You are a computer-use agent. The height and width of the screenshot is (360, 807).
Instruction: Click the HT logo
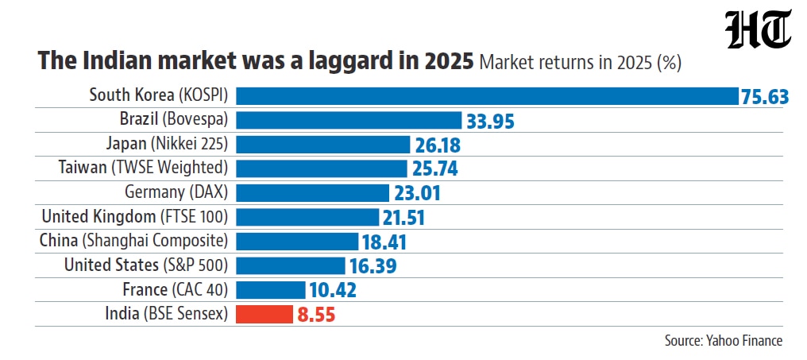coord(758,30)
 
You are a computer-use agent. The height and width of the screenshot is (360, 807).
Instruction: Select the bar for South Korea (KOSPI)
coord(488,96)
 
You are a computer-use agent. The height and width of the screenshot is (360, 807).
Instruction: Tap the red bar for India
coord(264,314)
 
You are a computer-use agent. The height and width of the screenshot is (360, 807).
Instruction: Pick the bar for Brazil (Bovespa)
coord(349,121)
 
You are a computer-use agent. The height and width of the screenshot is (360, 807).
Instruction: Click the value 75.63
coord(765,97)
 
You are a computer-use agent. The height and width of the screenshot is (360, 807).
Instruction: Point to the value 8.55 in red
coord(316,315)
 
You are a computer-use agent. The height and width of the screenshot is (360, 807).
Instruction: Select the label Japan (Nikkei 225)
coord(167,144)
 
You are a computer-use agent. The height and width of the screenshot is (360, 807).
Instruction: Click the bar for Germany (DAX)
coord(312,193)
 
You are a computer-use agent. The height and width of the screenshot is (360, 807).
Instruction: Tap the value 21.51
coord(403,218)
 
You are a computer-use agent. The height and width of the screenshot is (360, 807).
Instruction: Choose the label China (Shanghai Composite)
coord(133,241)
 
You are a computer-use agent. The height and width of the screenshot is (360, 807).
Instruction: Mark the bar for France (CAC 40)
coord(271,290)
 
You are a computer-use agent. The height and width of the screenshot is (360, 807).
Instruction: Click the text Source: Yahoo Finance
coord(724,340)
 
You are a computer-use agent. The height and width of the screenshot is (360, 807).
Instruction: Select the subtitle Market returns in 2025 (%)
coord(581,64)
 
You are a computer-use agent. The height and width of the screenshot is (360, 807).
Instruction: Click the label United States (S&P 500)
coord(145,265)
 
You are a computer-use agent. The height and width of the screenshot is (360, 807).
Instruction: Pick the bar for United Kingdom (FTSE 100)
coord(307,217)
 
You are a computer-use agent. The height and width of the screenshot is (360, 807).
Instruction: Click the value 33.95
coord(491,121)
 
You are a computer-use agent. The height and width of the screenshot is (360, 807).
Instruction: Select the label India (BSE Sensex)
coord(166,314)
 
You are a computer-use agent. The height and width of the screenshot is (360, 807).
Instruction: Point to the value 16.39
coord(373,266)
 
